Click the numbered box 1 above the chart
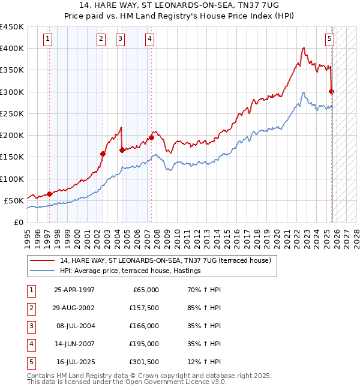[x=47, y=40]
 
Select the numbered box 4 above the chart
[x=149, y=40]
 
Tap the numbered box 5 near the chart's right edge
[x=330, y=40]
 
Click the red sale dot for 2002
[x=103, y=154]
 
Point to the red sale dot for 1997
[x=49, y=194]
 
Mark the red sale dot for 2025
[x=332, y=91]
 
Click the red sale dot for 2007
[x=151, y=137]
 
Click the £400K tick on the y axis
[x=12, y=49]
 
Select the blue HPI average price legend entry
[x=130, y=271]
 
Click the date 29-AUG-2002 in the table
[x=74, y=308]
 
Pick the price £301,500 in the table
[x=143, y=362]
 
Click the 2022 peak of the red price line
[x=304, y=47]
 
